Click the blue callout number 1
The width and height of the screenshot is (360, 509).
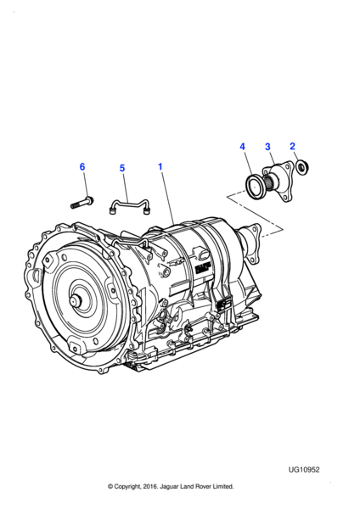coord(160,166)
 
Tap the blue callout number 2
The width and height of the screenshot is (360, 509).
coord(292,147)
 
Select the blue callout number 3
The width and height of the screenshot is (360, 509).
coord(267,147)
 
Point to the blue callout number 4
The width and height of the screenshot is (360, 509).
coord(242,147)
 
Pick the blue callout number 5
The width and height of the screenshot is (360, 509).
coord(122,168)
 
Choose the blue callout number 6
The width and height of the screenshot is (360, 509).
coord(82,167)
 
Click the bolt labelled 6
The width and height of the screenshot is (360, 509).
coord(82,203)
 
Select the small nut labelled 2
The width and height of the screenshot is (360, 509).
coord(302,167)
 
